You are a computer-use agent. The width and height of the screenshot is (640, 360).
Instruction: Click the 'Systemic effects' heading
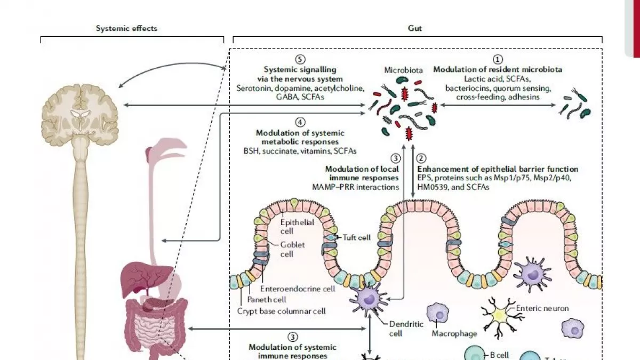click(126, 28)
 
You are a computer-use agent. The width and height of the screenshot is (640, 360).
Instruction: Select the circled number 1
click(498, 60)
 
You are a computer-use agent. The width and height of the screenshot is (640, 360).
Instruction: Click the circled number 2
click(421, 158)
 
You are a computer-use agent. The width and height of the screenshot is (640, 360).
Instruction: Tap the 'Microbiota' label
click(404, 70)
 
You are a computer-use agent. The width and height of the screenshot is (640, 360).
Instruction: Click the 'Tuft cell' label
click(357, 237)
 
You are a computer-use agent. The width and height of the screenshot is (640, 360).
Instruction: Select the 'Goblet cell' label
click(287, 249)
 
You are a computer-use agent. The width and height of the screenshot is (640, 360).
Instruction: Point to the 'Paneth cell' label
click(267, 300)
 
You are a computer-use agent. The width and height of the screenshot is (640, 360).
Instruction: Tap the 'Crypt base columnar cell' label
click(281, 311)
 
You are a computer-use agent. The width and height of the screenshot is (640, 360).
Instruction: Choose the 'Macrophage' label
click(454, 334)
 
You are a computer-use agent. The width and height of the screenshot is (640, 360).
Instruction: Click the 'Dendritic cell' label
click(399, 329)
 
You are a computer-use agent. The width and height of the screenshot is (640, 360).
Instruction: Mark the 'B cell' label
click(499, 354)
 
